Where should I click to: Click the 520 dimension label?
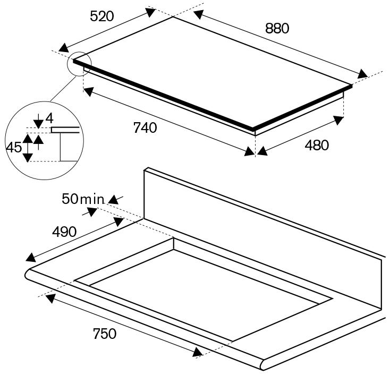(102, 16)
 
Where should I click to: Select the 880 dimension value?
(277, 28)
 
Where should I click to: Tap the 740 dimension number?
(145, 128)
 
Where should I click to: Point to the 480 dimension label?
(317, 145)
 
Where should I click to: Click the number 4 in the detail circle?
(49, 118)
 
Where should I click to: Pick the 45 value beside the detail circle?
(14, 147)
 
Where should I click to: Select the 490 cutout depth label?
(64, 232)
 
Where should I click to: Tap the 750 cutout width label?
(105, 334)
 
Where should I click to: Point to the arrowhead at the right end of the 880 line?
(363, 74)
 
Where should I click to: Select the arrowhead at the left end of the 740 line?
(89, 91)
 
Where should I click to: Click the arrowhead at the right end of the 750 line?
(198, 352)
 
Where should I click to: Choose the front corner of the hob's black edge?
(253, 130)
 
